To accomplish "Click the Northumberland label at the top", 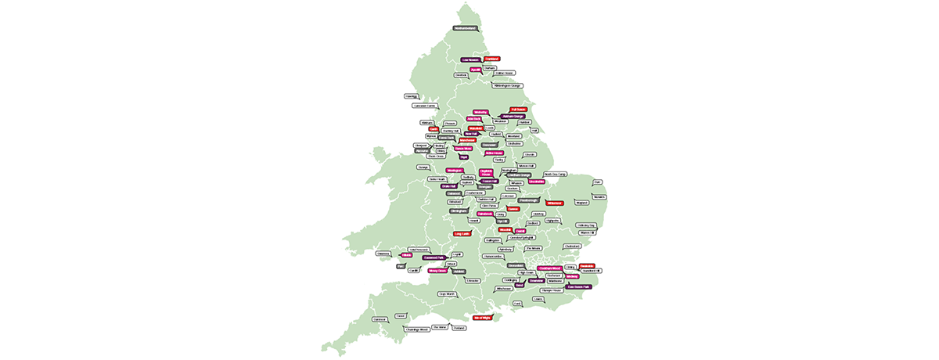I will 465,28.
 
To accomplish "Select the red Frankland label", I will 492,59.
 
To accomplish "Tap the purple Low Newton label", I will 470,59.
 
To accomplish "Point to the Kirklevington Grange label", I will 507,85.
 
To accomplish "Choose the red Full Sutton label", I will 518,110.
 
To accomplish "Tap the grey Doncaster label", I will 490,144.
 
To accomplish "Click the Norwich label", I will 599,196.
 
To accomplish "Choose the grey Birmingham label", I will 459,211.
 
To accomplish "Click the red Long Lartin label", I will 461,233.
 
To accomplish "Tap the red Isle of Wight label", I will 482,318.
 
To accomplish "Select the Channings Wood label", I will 417,329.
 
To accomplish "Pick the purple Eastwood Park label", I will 434,257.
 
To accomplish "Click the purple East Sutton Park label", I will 578,286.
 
